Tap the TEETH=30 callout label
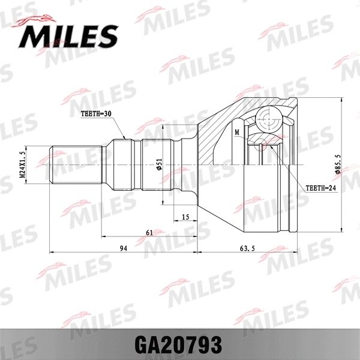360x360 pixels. tap(96, 113)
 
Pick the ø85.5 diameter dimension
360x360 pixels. tap(338, 164)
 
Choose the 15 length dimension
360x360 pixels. tap(185, 217)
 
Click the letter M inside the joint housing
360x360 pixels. tap(238, 132)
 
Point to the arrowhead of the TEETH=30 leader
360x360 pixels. tap(125, 139)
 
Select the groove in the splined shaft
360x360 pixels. tap(140, 164)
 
